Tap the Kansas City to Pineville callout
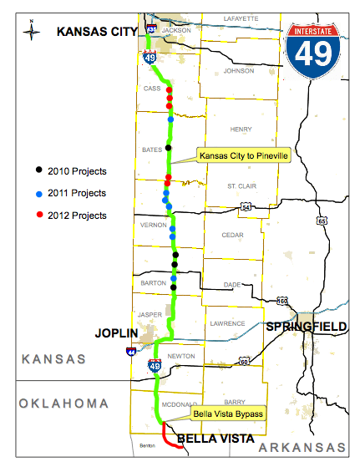pos(242,155)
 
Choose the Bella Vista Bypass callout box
pos(228,414)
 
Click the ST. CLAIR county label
pos(238,185)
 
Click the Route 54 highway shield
pos(246,206)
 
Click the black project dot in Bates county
pos(169,148)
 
